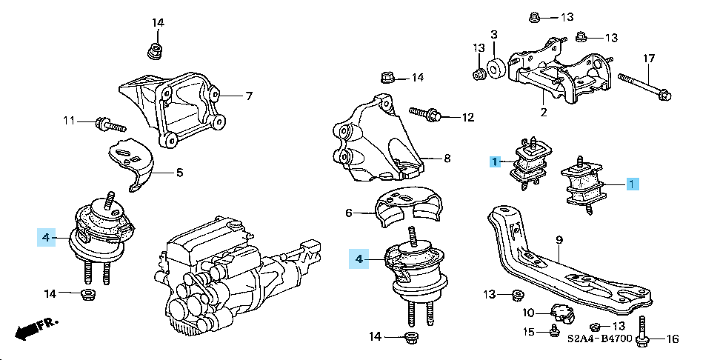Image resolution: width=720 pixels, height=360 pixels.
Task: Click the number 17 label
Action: point(649,58)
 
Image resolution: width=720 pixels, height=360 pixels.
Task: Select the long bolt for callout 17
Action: point(642,86)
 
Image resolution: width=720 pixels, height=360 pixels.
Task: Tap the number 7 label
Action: point(250,96)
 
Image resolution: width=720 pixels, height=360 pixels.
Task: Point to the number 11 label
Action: point(69,120)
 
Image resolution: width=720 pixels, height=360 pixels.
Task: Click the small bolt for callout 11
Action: point(101,123)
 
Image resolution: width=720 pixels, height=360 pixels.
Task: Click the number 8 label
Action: point(447,158)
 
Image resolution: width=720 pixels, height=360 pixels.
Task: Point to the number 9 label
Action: point(559,239)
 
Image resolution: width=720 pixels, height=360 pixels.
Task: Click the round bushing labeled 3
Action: point(496,69)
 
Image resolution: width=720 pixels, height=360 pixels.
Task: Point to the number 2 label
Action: point(543,113)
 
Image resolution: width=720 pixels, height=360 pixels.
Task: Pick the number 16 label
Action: point(672,340)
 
